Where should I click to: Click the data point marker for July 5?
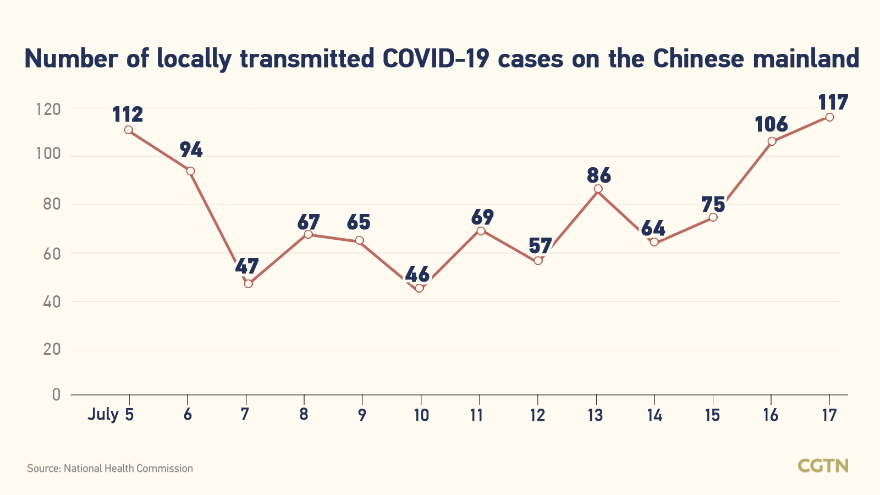128,130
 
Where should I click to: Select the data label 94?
191,150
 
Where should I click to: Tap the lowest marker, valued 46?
420,288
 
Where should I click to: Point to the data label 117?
833,102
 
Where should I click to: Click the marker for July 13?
598,189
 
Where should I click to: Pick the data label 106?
771,124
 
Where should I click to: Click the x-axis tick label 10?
421,415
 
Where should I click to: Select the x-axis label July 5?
111,414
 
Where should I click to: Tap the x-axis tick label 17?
829,415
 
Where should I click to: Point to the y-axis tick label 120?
48,109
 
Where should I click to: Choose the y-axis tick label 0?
56,394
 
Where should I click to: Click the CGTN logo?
823,466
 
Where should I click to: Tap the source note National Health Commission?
110,469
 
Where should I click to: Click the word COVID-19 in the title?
436,59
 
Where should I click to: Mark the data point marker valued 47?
248,284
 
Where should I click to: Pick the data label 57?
540,246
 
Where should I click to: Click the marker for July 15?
713,217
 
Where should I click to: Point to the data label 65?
359,223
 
